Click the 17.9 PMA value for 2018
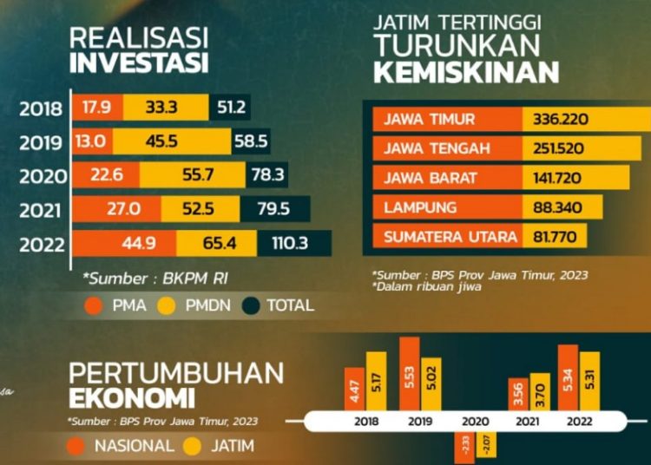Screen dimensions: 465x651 (x=96, y=108)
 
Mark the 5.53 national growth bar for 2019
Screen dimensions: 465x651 (x=409, y=374)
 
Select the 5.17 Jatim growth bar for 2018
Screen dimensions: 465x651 (x=376, y=381)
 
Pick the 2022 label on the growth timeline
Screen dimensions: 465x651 (x=580, y=422)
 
